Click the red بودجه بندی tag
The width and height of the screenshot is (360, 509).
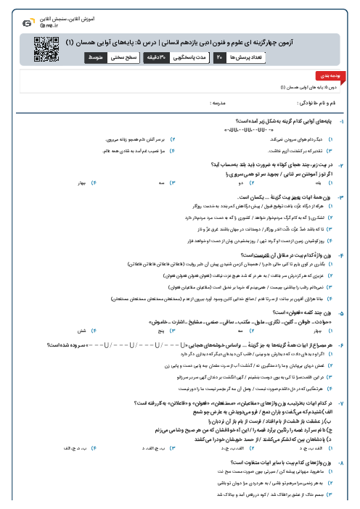(x=340, y=75)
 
